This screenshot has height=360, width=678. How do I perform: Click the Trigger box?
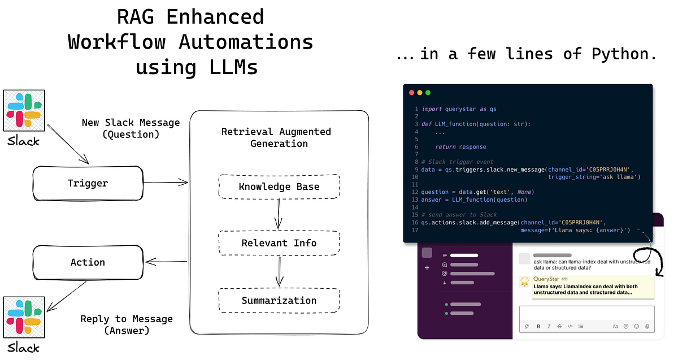click(x=88, y=183)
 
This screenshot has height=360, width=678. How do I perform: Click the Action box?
click(x=88, y=262)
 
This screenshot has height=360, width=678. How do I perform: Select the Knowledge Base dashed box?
click(x=279, y=186)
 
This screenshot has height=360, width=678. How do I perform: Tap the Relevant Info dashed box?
click(x=279, y=244)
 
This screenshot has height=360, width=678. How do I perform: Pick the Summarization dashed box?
click(x=279, y=301)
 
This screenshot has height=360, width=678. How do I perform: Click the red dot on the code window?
click(x=411, y=92)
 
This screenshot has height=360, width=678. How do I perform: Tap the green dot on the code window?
click(x=428, y=92)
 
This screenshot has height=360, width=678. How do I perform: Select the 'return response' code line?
click(x=460, y=147)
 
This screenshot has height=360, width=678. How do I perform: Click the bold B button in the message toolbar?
click(x=538, y=326)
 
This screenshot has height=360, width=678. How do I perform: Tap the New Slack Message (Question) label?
click(x=131, y=128)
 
